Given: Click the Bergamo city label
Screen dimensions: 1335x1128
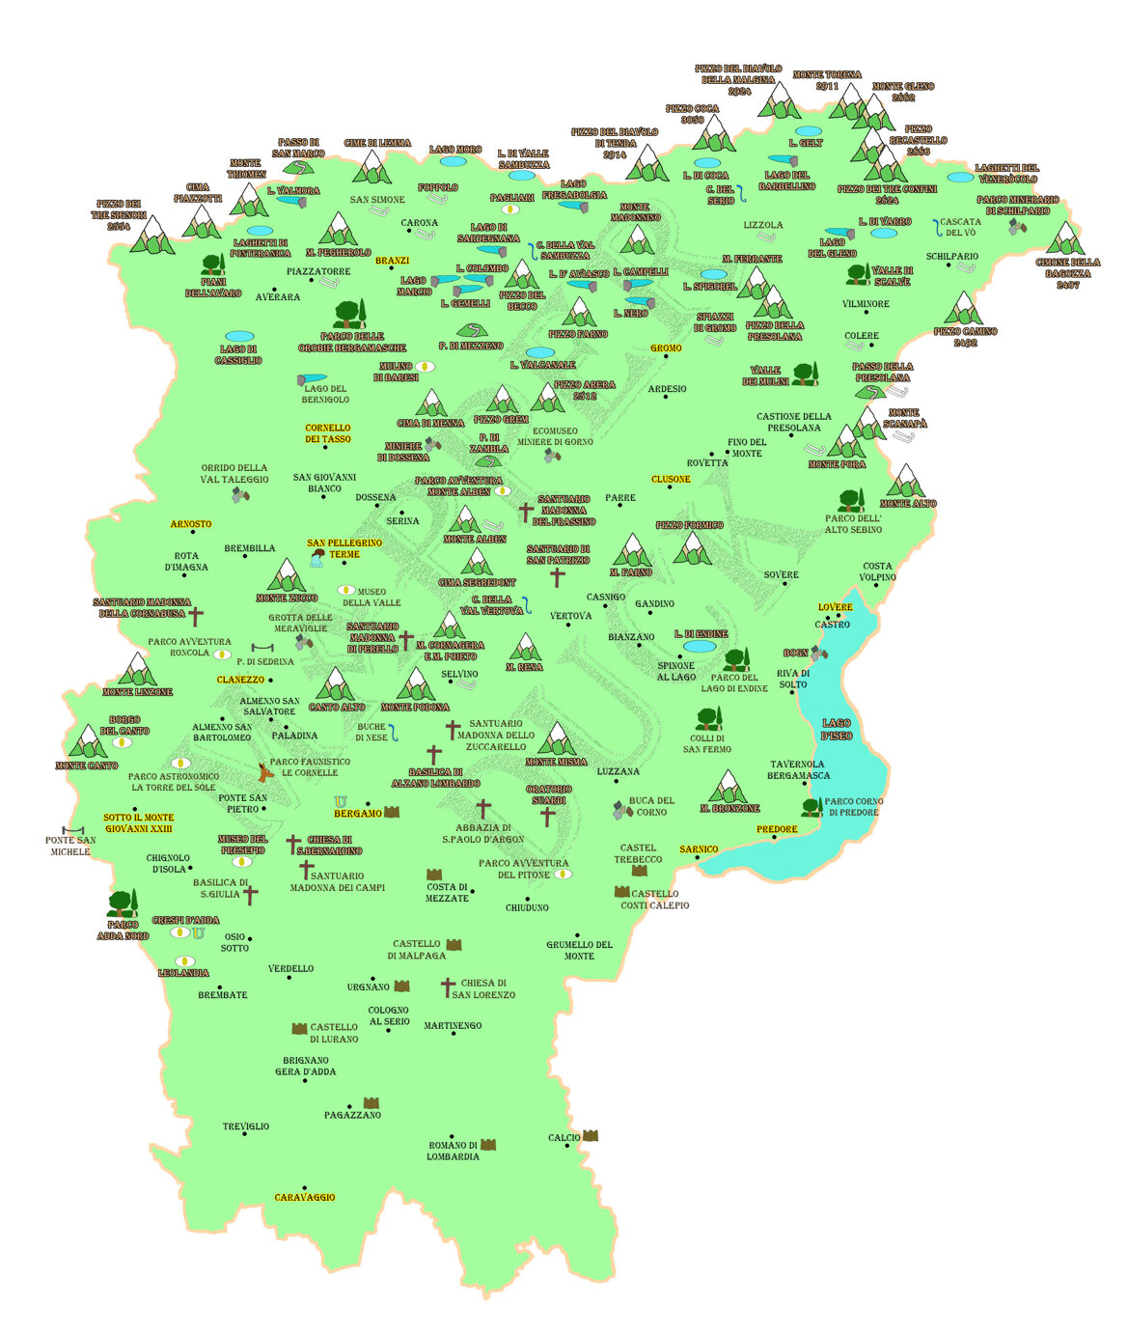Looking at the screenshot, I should [357, 814].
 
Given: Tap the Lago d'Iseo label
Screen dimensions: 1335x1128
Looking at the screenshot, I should [837, 729].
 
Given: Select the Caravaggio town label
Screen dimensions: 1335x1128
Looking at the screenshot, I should [305, 1197].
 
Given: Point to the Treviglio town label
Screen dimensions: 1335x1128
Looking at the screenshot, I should [246, 1126].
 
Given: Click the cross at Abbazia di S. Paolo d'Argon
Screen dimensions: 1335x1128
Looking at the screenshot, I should [483, 808].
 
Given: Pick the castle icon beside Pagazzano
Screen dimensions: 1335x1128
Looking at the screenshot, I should [371, 1102].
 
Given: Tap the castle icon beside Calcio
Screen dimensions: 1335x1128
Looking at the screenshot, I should [590, 1136].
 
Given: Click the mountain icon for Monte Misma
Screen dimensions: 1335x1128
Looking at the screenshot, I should [557, 738].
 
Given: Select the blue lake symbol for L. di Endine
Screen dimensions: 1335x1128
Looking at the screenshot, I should [700, 646].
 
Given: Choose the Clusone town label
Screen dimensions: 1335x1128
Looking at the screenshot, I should [671, 479].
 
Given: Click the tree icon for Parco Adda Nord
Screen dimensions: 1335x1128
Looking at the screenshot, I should [121, 904].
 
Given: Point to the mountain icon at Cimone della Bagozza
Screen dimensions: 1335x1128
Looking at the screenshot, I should [1065, 238].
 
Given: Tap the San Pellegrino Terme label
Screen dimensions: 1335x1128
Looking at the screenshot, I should [344, 548].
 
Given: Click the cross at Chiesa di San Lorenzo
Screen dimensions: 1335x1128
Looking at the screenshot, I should [447, 987].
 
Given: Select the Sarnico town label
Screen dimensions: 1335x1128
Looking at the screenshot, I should [699, 849].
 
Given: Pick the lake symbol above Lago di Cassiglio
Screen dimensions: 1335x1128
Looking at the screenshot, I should [239, 337].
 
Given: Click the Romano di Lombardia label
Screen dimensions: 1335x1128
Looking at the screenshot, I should [453, 1151].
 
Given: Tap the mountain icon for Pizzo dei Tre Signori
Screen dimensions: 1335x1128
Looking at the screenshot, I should [151, 235].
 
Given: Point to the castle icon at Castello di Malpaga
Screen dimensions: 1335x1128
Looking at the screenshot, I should [454, 945].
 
